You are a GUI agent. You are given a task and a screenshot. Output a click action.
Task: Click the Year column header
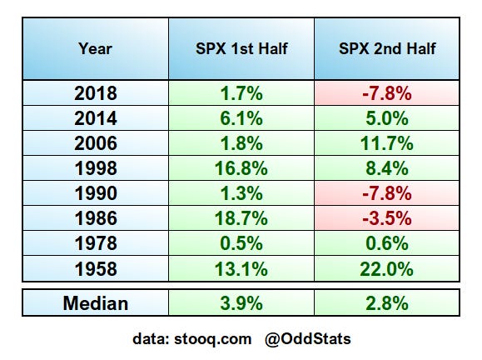coord(95,48)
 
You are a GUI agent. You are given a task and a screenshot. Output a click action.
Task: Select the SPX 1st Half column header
coord(241,48)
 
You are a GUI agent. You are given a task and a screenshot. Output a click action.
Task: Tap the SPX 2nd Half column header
coord(387,48)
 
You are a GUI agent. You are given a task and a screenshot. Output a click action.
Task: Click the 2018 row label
coord(96,93)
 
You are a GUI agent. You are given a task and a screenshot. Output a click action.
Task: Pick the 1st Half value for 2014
coord(241,118)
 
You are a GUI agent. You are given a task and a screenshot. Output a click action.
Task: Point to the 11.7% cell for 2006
coord(387,143)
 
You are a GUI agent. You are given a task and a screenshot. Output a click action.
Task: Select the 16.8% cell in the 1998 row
coord(241,168)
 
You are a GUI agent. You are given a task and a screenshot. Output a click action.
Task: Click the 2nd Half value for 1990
coord(387,193)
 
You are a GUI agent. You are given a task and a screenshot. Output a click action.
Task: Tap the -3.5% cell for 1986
coord(387,218)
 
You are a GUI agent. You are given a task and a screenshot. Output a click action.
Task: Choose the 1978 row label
coord(96,243)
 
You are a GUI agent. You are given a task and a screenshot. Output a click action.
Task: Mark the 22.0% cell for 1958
coord(387,269)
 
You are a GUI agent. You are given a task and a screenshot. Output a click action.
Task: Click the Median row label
coord(96,303)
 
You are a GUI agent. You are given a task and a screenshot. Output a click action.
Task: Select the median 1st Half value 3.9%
coord(241,303)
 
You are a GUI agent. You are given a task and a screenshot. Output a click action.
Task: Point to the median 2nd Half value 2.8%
coord(387,303)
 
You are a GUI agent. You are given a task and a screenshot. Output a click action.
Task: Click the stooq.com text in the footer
coord(213,339)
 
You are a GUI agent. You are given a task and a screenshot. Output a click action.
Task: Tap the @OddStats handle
coord(308,339)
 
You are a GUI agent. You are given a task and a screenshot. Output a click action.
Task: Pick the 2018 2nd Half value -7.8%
coord(387,93)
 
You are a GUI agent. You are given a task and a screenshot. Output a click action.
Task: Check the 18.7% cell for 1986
coord(241,218)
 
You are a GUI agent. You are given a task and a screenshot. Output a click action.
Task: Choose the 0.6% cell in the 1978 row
coord(387,243)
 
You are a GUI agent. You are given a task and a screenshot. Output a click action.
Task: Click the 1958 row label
coord(96,269)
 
